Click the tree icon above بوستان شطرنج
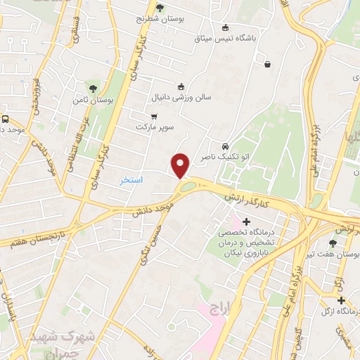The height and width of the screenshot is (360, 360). (160, 8)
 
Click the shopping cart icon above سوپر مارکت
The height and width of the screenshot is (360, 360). (154, 117)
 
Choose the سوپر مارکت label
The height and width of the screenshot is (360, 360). (155, 129)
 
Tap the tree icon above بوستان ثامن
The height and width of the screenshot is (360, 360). (92, 88)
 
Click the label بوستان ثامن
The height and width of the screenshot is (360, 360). (90, 101)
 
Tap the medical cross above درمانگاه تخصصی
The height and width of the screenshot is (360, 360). (246, 222)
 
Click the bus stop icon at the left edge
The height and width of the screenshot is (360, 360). (6, 120)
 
